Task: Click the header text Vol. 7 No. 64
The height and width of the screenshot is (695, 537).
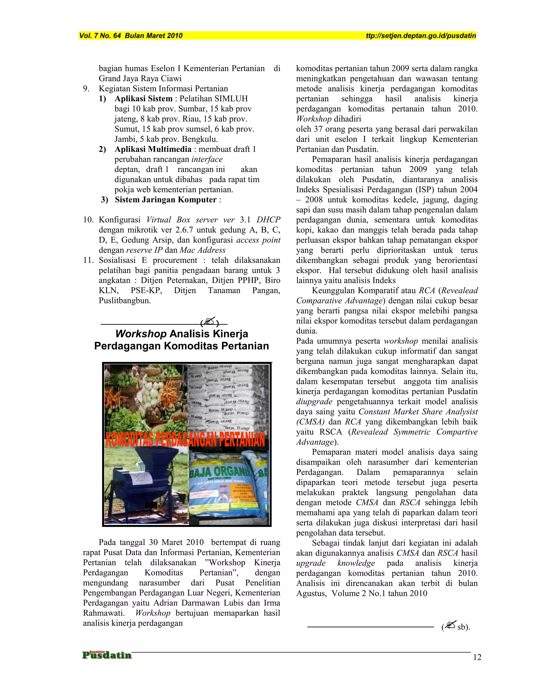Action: [x=100, y=36]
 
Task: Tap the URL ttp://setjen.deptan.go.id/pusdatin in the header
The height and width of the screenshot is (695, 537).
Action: [x=421, y=36]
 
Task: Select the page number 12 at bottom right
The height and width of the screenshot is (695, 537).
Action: [x=477, y=657]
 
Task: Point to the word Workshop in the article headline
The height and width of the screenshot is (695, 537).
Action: [x=141, y=334]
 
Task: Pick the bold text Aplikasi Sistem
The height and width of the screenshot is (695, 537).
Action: [x=143, y=99]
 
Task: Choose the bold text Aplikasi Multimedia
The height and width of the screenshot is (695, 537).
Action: [x=153, y=149]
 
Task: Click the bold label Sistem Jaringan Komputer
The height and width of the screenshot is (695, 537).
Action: [x=165, y=200]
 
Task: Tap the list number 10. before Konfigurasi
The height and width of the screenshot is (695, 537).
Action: [x=88, y=220]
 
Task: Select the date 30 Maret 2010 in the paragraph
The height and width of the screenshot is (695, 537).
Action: [x=176, y=543]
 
